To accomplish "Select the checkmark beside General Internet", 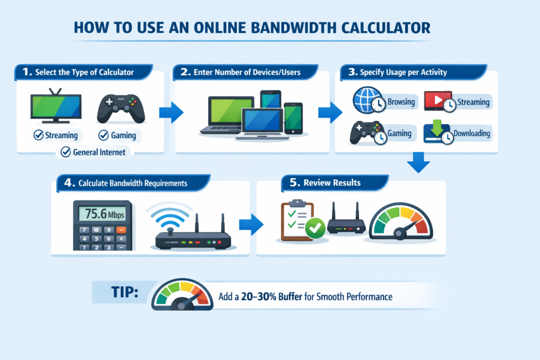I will tap(66, 152).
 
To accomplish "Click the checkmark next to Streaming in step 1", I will tap(38, 135).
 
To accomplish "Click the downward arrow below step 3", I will tap(420, 163).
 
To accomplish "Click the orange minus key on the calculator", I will tap(122, 230).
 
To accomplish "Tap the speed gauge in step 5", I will tap(401, 222).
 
